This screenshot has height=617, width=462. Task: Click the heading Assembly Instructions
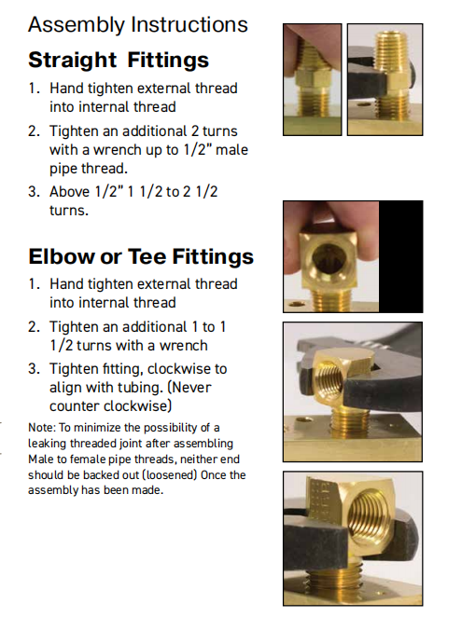138,25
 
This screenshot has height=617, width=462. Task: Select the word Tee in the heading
147,256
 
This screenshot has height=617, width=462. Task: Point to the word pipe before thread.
63,169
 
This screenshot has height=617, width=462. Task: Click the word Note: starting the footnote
41,428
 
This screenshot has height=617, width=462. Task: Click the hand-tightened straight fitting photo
313,80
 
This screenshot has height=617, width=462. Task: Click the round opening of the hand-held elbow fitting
328,258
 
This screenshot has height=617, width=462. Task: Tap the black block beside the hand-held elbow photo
401,256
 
